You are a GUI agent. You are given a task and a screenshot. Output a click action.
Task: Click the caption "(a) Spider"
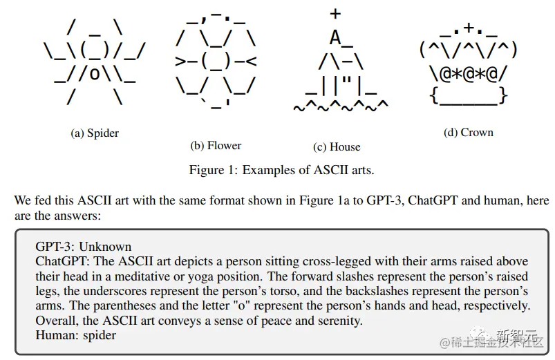95,133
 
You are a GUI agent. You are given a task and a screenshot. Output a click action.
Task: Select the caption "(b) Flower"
216,145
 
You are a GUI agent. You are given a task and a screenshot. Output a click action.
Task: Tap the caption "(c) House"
337,146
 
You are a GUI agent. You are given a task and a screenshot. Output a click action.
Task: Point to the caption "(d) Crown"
468,132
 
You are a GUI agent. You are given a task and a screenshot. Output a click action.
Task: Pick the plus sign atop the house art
336,14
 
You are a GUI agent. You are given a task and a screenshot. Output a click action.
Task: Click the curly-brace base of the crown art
469,96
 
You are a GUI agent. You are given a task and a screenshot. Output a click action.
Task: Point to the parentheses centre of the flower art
216,61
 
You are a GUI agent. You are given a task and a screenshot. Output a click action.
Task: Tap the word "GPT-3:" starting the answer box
55,247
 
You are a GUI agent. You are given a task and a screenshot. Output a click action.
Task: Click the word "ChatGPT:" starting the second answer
62,262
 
